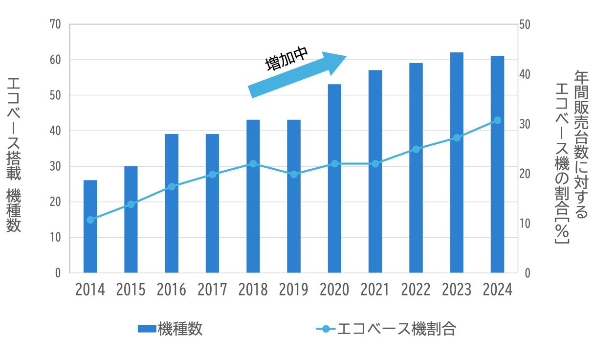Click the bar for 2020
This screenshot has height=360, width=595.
334,179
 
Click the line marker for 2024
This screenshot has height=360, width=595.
497,120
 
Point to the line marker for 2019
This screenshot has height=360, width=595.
294,174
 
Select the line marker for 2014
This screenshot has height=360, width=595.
90,220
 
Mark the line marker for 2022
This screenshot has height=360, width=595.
416,149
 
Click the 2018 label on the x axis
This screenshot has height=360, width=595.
253,290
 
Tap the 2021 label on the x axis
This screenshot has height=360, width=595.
375,290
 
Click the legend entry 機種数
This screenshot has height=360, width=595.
170,329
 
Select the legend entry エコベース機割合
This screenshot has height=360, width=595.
386,329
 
